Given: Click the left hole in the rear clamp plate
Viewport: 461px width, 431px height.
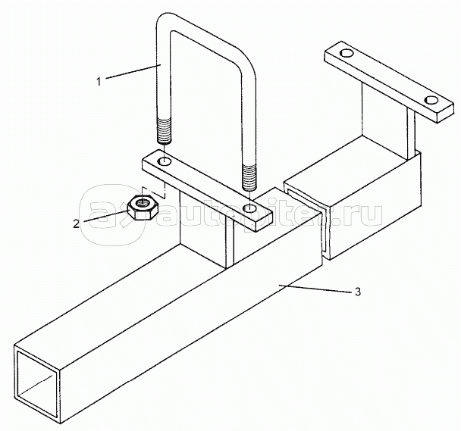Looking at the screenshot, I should point(347,54).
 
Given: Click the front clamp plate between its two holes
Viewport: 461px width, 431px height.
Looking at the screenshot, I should point(205,183).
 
